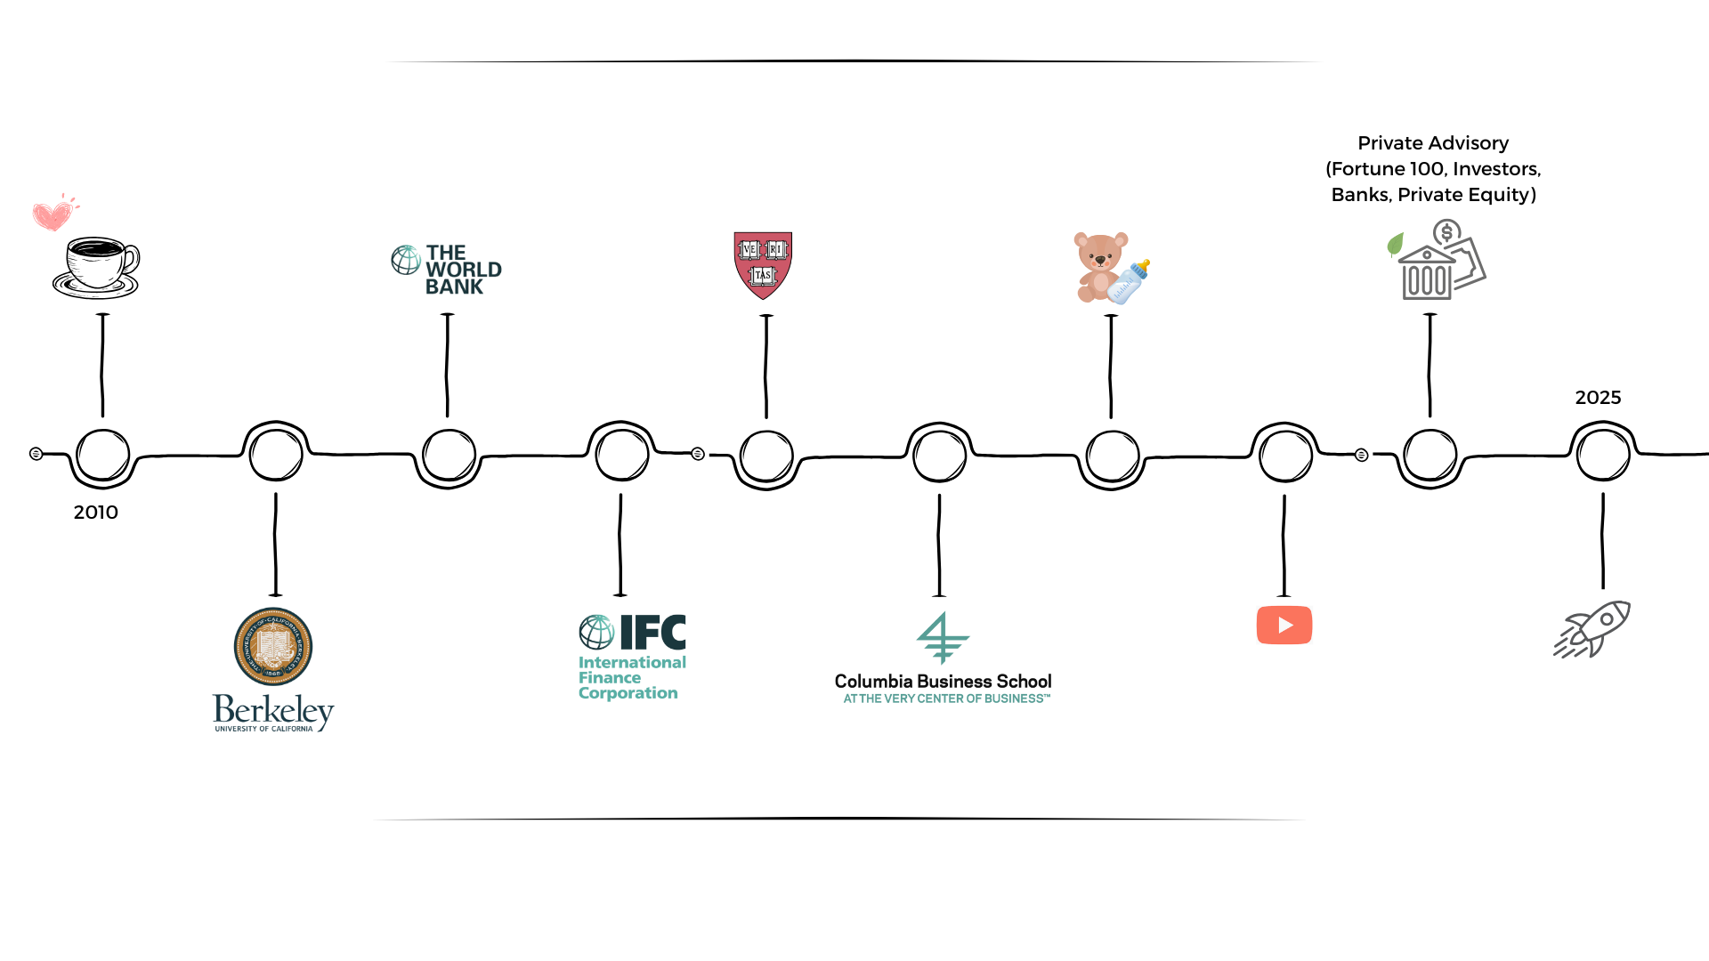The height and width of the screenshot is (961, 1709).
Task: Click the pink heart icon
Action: [x=52, y=214]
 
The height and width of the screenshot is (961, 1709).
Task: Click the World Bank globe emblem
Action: [x=405, y=260]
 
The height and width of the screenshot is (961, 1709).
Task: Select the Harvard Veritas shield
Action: [x=763, y=264]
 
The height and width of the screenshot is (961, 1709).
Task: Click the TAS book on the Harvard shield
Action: [x=763, y=276]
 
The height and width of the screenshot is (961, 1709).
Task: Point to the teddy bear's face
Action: [x=1100, y=255]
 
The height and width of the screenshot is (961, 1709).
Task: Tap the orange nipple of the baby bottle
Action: [x=1141, y=264]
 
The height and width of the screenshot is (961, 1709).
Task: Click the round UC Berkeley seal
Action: [x=273, y=647]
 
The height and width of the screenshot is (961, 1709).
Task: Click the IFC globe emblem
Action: [x=595, y=632]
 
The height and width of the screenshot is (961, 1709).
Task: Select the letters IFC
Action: [x=652, y=632]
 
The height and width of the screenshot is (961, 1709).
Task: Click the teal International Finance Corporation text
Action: [x=630, y=678]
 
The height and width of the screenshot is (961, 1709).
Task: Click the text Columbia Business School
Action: [x=942, y=682]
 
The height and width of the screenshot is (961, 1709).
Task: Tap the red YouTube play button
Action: [x=1284, y=626]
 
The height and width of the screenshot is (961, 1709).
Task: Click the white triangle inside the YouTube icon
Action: [x=1285, y=626]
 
